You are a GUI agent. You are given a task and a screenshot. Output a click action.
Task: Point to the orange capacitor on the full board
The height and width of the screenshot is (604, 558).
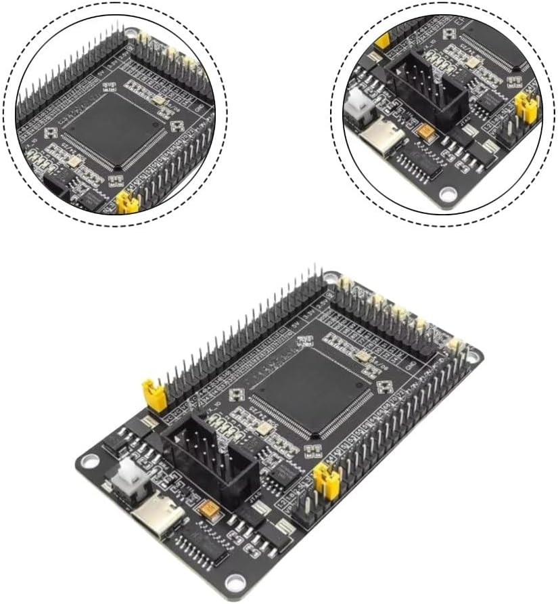coord(210,508)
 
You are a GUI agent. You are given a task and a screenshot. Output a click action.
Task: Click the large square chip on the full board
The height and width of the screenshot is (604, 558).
coord(310,392)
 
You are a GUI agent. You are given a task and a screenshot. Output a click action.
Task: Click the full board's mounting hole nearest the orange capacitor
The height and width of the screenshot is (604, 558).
coord(235,581)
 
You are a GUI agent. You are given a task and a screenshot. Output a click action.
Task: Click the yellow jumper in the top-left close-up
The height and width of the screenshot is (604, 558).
coord(126,202)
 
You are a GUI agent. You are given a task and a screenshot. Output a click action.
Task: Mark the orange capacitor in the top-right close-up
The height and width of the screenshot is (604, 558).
coord(427,131)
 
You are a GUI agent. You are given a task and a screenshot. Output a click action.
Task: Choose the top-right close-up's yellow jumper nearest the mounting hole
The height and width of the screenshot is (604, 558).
coord(527,105)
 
